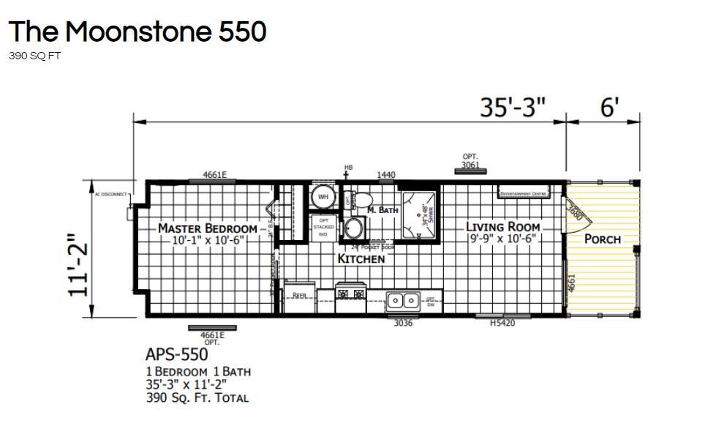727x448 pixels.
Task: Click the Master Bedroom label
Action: (207, 228)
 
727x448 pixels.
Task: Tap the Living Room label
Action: (502, 227)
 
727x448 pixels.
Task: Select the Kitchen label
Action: (361, 259)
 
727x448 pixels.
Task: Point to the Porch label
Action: (602, 239)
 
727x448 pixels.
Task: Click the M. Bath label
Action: (383, 210)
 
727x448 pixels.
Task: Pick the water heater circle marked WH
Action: (323, 198)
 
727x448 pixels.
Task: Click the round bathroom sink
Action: (355, 228)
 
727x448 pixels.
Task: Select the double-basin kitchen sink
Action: (402, 300)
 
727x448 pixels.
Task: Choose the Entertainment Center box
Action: (523, 193)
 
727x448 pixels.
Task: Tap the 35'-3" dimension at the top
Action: (513, 108)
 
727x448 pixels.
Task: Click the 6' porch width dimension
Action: (610, 108)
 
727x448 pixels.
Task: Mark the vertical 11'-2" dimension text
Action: (79, 264)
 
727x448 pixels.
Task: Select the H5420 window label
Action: (502, 324)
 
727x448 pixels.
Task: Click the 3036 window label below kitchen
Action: (403, 324)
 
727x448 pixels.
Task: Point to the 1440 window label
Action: (386, 175)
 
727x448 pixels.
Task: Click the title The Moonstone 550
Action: (138, 31)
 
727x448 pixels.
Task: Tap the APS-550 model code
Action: (176, 355)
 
